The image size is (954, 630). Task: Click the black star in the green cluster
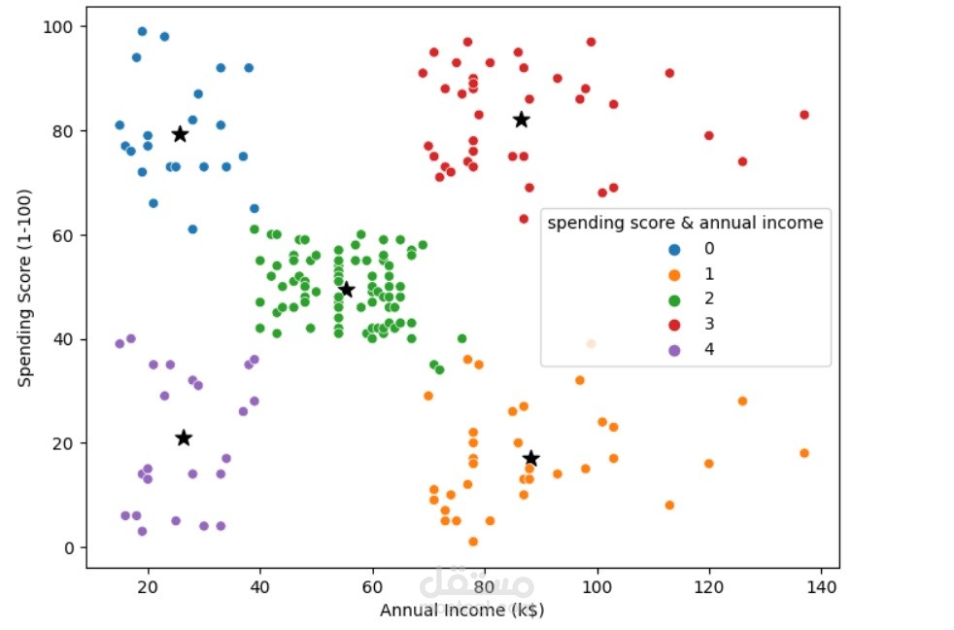click(347, 289)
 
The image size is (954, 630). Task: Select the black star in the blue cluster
click(180, 134)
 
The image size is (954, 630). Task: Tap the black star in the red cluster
click(522, 120)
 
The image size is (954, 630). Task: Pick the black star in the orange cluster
click(530, 458)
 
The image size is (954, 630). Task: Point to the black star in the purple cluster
click(184, 437)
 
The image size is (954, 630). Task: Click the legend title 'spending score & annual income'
click(685, 223)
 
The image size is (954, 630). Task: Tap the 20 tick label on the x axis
click(148, 587)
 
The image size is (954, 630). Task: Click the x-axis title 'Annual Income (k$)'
click(461, 611)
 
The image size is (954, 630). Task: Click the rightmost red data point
click(804, 115)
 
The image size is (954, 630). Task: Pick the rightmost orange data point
click(804, 453)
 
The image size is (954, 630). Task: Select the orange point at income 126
click(742, 401)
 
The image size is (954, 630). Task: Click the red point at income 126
click(742, 161)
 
